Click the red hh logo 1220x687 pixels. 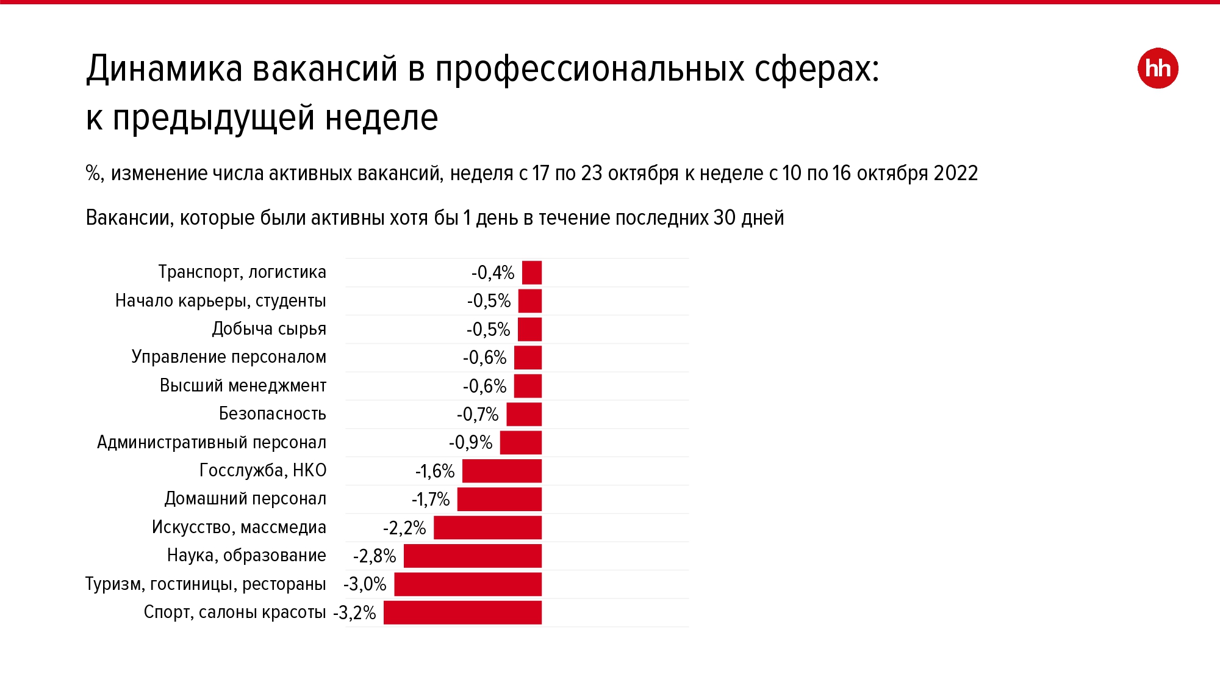[x=1157, y=68]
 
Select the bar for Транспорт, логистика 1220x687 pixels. [x=532, y=272]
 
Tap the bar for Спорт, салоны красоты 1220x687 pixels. [x=462, y=612]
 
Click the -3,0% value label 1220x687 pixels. [x=365, y=584]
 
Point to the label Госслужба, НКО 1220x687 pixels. [x=263, y=470]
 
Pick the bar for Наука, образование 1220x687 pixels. [x=473, y=556]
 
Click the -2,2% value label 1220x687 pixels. [x=404, y=528]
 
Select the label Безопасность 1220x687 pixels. [x=272, y=414]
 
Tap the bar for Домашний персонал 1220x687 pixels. [x=500, y=499]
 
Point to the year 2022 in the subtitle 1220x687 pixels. [x=955, y=173]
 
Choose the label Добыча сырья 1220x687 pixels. [x=269, y=329]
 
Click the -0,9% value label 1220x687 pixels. [x=470, y=443]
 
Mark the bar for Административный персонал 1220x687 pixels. [x=521, y=443]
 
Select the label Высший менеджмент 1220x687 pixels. [x=243, y=385]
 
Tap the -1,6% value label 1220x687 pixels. [x=435, y=471]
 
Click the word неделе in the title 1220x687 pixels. [x=381, y=117]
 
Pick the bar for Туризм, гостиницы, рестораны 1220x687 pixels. [x=468, y=584]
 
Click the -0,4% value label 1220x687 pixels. [x=493, y=272]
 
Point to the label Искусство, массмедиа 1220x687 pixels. [x=239, y=527]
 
